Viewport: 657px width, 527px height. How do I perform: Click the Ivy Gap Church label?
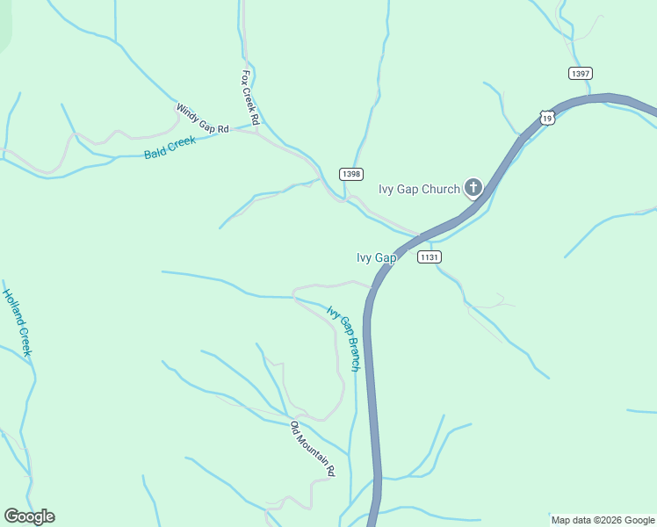419,189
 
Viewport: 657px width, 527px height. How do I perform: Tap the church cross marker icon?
473,187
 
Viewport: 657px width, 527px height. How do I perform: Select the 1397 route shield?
580,73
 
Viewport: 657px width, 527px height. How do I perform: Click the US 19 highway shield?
547,117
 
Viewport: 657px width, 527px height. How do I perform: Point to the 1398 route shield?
350,174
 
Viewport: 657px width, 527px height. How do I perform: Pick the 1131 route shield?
429,256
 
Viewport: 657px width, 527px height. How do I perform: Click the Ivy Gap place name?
376,257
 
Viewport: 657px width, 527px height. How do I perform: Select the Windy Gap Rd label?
202,119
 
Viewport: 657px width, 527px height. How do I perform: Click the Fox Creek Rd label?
250,97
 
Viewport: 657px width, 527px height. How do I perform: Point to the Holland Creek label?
17,322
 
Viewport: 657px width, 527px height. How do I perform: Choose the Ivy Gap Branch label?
343,338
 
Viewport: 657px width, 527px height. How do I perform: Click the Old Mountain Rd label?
313,449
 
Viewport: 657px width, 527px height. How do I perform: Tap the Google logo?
29,516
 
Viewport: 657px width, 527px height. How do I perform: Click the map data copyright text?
603,520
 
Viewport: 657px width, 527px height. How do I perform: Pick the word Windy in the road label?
188,112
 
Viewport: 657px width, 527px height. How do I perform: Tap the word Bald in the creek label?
155,152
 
